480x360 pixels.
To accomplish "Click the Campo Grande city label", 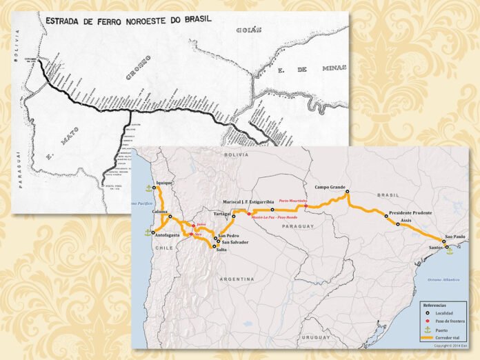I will click(x=329, y=187).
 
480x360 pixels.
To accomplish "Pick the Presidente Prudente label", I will click(x=410, y=213).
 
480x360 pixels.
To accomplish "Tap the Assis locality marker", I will click(x=398, y=224).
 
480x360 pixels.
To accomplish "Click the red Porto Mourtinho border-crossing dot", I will click(x=306, y=206).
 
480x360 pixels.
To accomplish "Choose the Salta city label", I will click(x=221, y=250).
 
